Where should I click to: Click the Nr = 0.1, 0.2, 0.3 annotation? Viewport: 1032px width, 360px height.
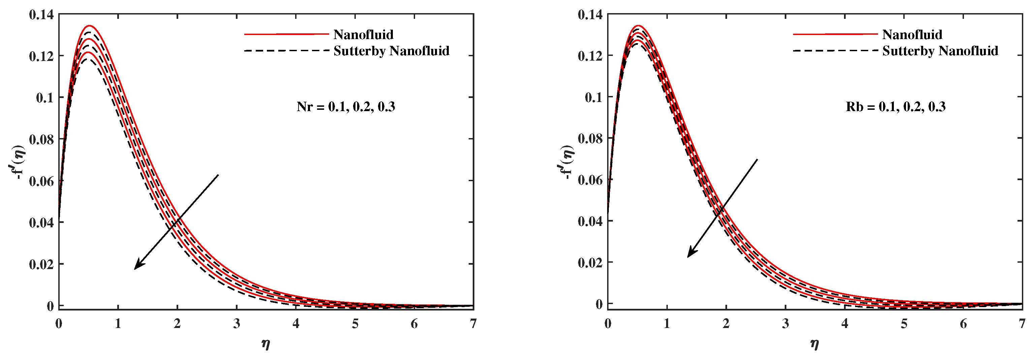[346, 107]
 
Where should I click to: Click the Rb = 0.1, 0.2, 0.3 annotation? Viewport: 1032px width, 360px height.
[896, 107]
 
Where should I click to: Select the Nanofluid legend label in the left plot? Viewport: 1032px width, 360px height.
[363, 35]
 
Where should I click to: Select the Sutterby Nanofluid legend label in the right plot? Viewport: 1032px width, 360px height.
[940, 51]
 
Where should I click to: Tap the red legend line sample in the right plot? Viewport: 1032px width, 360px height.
[835, 34]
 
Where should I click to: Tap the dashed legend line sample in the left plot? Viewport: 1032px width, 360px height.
[286, 51]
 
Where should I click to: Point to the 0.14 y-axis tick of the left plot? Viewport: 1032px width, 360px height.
[41, 15]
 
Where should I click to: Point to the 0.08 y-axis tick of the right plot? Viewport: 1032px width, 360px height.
[590, 138]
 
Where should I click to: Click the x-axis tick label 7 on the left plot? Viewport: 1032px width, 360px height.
[473, 324]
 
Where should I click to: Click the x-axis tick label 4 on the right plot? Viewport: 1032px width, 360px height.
[845, 324]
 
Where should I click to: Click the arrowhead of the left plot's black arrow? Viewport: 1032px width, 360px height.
[136, 267]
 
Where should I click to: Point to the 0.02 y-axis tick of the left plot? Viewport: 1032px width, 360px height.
[41, 264]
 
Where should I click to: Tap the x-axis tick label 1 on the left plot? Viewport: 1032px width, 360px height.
[118, 324]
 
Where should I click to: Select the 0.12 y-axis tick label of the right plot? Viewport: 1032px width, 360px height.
[590, 56]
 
